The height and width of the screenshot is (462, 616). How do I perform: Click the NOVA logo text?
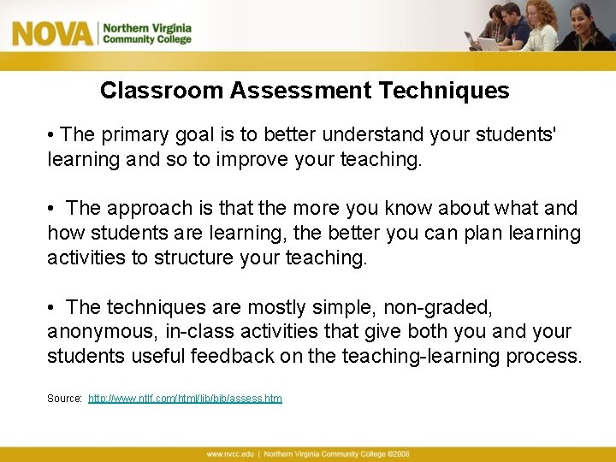pos(51,34)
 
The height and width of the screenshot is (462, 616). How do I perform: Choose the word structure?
pos(194,258)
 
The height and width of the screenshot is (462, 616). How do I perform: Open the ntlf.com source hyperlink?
pos(185,399)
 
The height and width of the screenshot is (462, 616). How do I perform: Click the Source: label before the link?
pos(64,399)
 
